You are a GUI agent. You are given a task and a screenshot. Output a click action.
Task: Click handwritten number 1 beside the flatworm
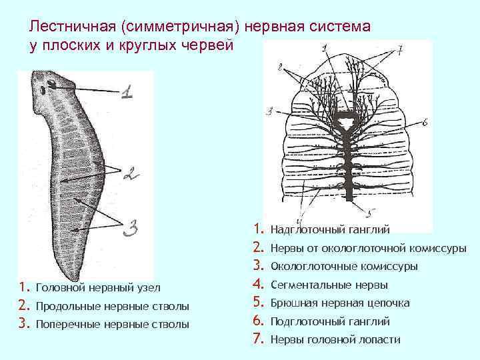click(127, 91)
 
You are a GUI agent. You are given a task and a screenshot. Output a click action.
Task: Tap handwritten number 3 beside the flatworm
click(131, 229)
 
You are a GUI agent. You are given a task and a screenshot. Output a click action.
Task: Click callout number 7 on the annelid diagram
click(401, 51)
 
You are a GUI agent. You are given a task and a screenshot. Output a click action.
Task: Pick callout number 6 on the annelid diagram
click(423, 122)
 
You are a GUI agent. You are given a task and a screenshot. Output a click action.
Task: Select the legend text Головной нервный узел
click(101, 287)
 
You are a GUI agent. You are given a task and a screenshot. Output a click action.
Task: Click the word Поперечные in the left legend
click(62, 325)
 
